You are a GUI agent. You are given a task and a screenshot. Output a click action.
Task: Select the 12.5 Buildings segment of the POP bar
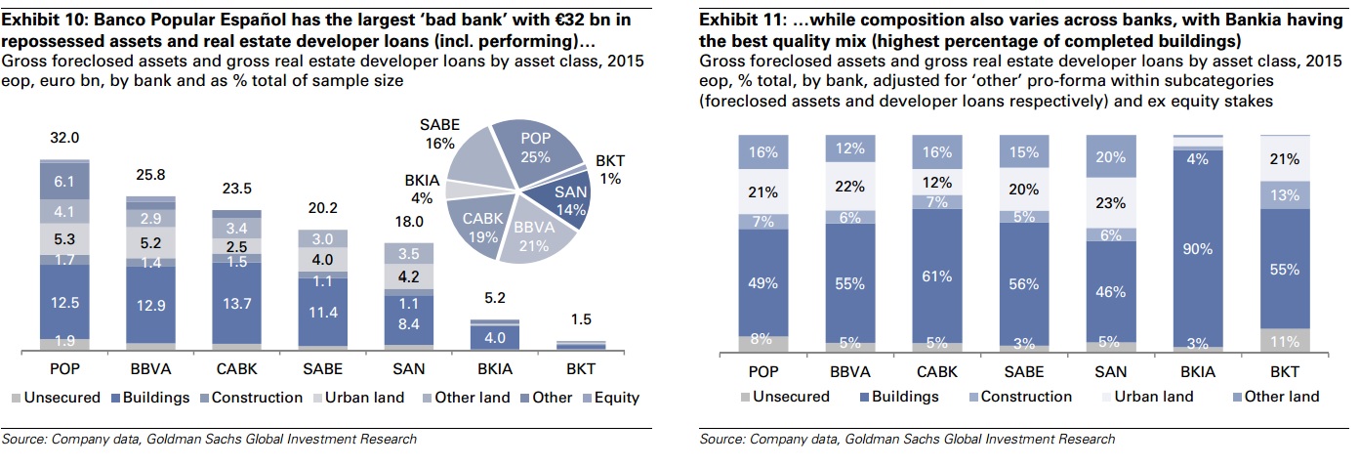64,303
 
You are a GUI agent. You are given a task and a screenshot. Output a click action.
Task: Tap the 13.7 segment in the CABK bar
236,303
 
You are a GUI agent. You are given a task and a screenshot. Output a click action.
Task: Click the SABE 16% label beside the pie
439,135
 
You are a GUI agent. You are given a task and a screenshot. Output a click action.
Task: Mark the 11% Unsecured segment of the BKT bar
1285,340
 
